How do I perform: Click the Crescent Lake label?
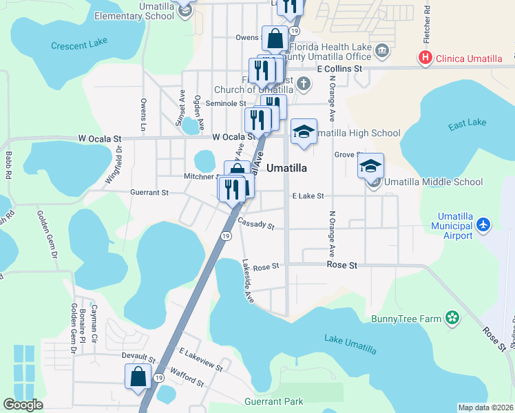pos(79,45)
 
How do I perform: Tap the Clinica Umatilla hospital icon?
pos(425,58)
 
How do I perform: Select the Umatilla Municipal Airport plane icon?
pos(484,224)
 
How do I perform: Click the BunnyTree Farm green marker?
pos(452,318)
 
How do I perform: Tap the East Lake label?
pos(466,125)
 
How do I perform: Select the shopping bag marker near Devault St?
pos(138,377)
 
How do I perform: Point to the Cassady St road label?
pos(256,225)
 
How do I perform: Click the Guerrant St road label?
pos(150,193)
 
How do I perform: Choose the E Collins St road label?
pos(339,69)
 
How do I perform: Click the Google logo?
pos(23,405)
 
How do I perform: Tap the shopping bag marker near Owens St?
pos(275,39)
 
